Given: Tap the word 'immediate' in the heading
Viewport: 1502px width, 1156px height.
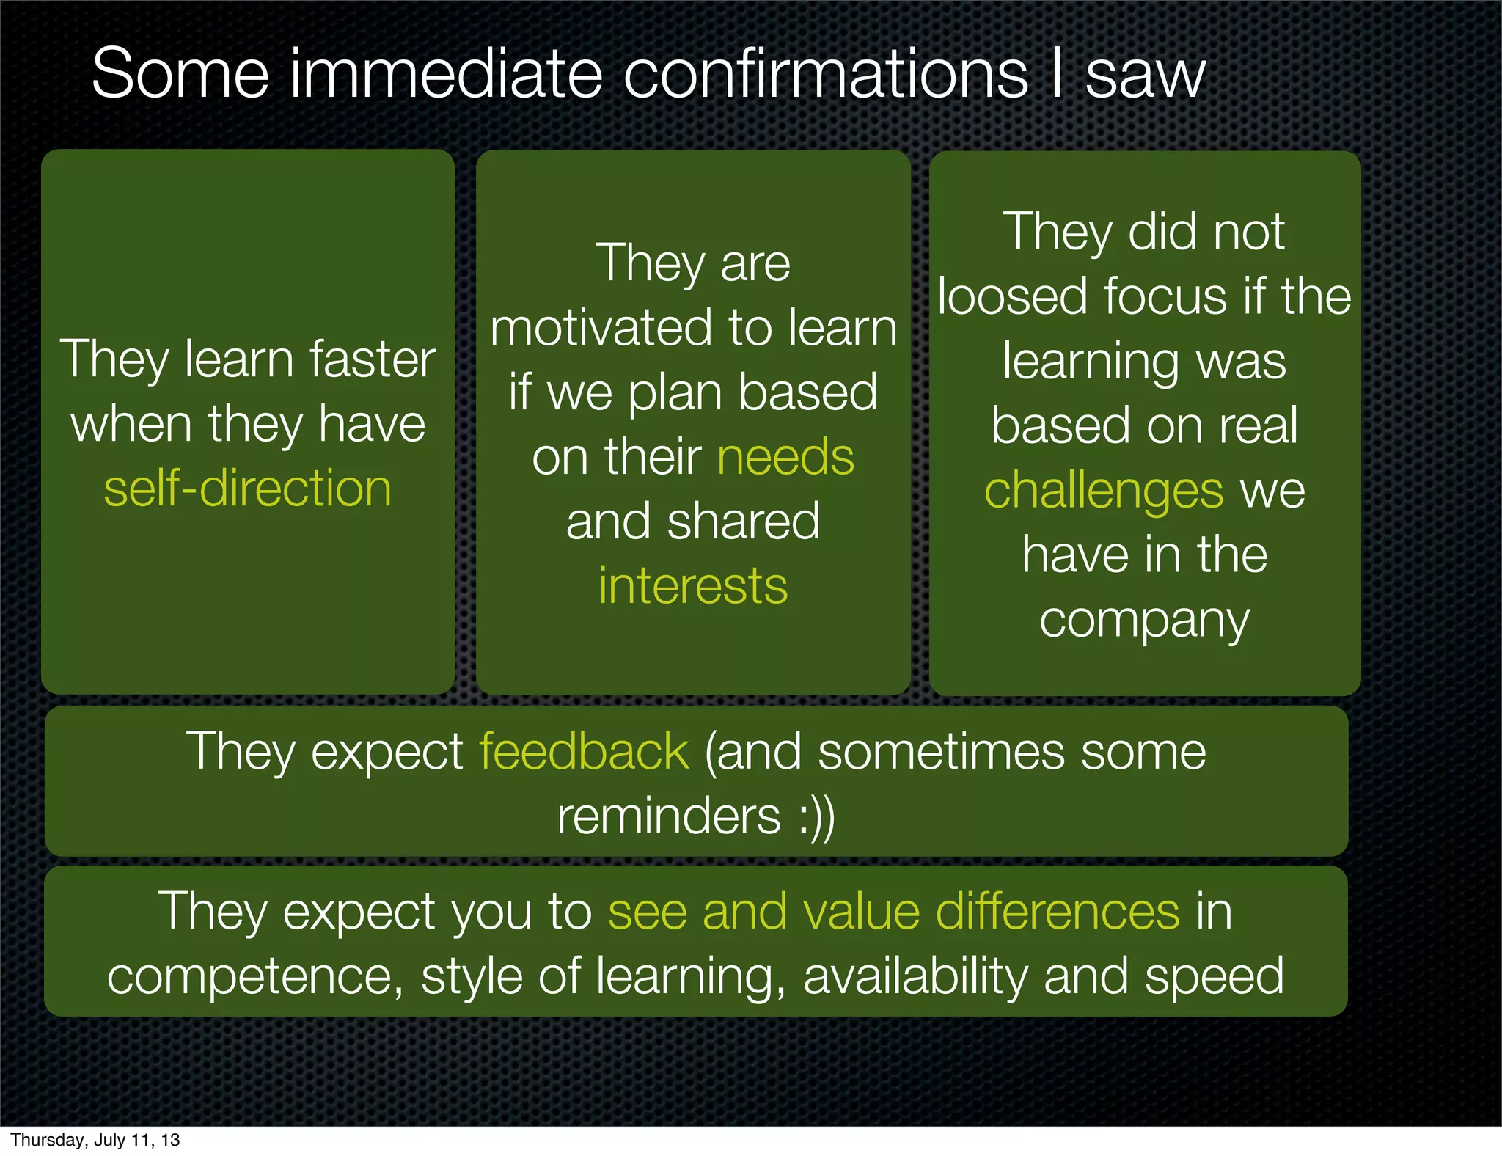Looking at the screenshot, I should click(446, 73).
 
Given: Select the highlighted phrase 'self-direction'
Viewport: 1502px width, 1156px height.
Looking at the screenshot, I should click(248, 489).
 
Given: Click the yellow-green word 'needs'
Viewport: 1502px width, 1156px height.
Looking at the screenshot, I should click(785, 457).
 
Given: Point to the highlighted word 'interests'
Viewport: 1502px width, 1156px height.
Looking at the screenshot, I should click(693, 586).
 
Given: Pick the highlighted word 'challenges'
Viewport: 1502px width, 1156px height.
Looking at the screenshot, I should click(1104, 490).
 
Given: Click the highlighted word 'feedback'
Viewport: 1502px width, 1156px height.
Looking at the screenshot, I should click(584, 751).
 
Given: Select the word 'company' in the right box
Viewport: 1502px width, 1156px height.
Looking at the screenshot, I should click(1144, 621).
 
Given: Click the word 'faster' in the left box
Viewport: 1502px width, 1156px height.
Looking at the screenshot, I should click(373, 359).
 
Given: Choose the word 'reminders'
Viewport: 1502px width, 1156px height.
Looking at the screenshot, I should click(669, 816).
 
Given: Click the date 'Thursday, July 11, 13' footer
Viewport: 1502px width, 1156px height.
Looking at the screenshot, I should click(95, 1140).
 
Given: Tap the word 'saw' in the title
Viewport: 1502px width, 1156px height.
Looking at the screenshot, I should click(1145, 73).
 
